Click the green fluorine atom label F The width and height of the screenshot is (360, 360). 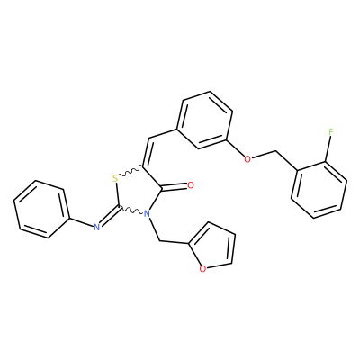click(x=331, y=131)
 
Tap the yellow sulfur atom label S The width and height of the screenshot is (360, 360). click(x=115, y=179)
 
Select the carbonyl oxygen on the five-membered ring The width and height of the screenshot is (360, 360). click(x=190, y=185)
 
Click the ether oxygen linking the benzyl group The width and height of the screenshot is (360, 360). click(x=247, y=159)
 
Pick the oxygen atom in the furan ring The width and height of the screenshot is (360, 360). click(x=202, y=269)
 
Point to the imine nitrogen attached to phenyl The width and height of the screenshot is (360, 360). click(x=96, y=227)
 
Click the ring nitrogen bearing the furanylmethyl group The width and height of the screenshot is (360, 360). click(x=147, y=214)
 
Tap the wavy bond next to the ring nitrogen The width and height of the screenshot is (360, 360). click(x=131, y=210)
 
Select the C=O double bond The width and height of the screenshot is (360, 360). click(x=175, y=188)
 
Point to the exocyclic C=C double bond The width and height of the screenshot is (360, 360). click(x=147, y=152)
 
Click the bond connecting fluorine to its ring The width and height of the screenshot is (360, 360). click(x=328, y=149)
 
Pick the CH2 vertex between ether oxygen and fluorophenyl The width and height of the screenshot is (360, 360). click(x=275, y=151)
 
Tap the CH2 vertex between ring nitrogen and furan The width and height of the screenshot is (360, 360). click(x=160, y=241)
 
